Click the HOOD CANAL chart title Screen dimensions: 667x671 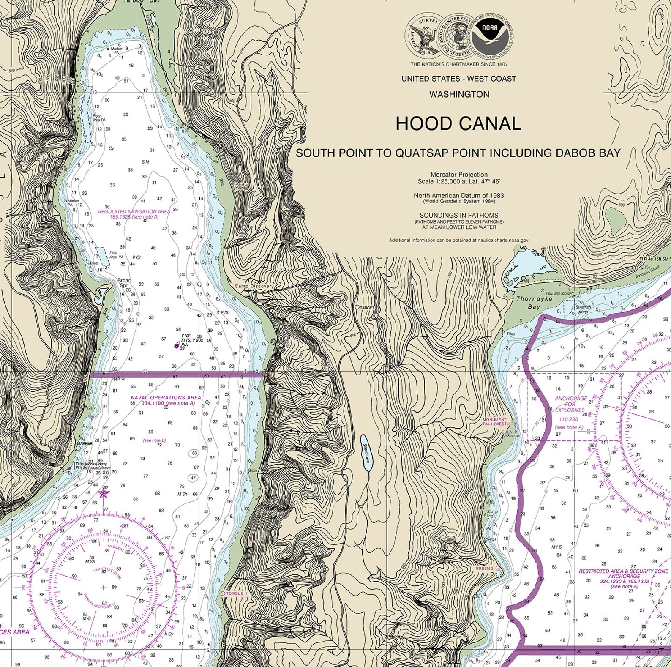[458, 124]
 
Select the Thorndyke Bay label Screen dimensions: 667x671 [528, 302]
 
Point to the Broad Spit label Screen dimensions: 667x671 [124, 283]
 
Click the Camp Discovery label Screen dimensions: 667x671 [254, 286]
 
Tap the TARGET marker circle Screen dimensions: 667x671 [357, 307]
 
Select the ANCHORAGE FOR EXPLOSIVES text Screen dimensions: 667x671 [570, 404]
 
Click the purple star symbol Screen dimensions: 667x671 [104, 493]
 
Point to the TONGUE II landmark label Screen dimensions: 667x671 [236, 593]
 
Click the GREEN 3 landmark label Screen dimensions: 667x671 [485, 569]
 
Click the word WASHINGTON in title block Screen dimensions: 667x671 [459, 94]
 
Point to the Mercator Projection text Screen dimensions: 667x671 [459, 174]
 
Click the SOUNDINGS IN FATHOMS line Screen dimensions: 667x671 [458, 215]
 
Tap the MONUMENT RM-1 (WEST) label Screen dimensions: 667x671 [495, 422]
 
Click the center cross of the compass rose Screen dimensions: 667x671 [104, 588]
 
